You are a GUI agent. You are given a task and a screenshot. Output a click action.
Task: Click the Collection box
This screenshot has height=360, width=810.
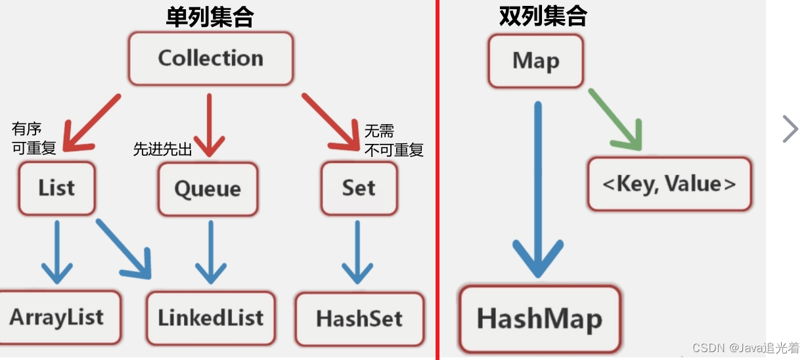[210, 58]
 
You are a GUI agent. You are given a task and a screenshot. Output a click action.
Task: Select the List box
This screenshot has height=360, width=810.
[57, 189]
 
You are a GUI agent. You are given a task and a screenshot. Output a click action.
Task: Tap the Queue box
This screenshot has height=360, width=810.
[208, 189]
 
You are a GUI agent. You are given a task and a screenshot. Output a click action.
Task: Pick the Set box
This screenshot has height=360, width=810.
[359, 189]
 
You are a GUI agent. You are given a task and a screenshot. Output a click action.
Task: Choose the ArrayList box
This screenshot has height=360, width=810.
[57, 318]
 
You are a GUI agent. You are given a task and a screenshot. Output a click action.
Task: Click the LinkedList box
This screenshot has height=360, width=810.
[210, 318]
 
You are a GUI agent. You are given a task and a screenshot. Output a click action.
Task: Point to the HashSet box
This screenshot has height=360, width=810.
[359, 319]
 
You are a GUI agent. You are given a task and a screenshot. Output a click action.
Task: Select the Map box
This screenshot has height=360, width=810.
[535, 61]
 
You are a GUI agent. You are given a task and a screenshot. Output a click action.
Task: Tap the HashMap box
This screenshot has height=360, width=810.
[539, 319]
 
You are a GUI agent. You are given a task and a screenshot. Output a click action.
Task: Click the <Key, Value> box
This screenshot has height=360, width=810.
[669, 184]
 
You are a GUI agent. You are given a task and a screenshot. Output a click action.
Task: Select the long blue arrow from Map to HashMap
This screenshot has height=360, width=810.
[538, 191]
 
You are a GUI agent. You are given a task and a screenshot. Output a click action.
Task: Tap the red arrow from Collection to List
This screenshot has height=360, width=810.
[92, 125]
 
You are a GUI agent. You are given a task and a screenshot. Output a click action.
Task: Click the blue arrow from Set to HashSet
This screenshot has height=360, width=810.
[357, 252]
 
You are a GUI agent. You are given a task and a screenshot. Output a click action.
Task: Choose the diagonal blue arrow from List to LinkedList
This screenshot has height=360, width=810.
[124, 248]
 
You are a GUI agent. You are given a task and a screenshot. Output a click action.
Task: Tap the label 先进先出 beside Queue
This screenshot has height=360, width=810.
[162, 150]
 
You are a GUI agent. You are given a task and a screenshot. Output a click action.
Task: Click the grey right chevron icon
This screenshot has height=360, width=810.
[790, 129]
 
